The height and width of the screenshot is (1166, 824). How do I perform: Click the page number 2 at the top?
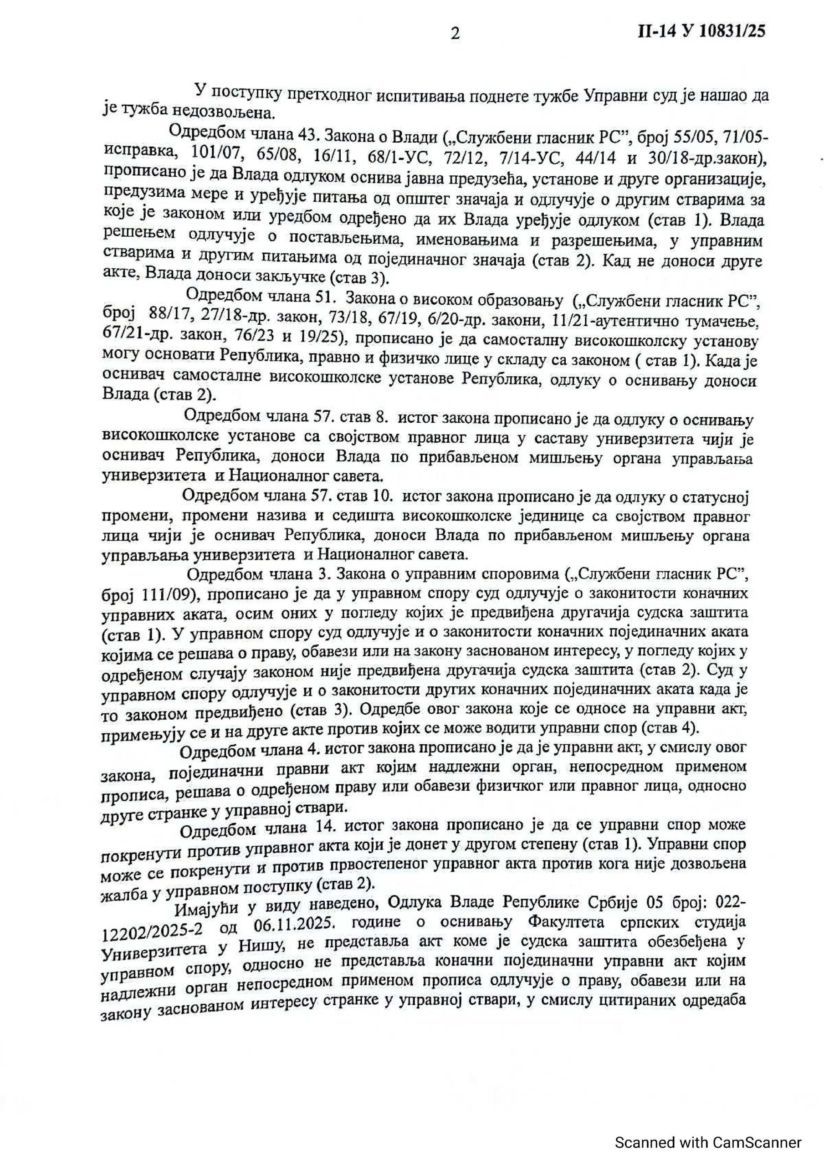[x=455, y=34]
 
